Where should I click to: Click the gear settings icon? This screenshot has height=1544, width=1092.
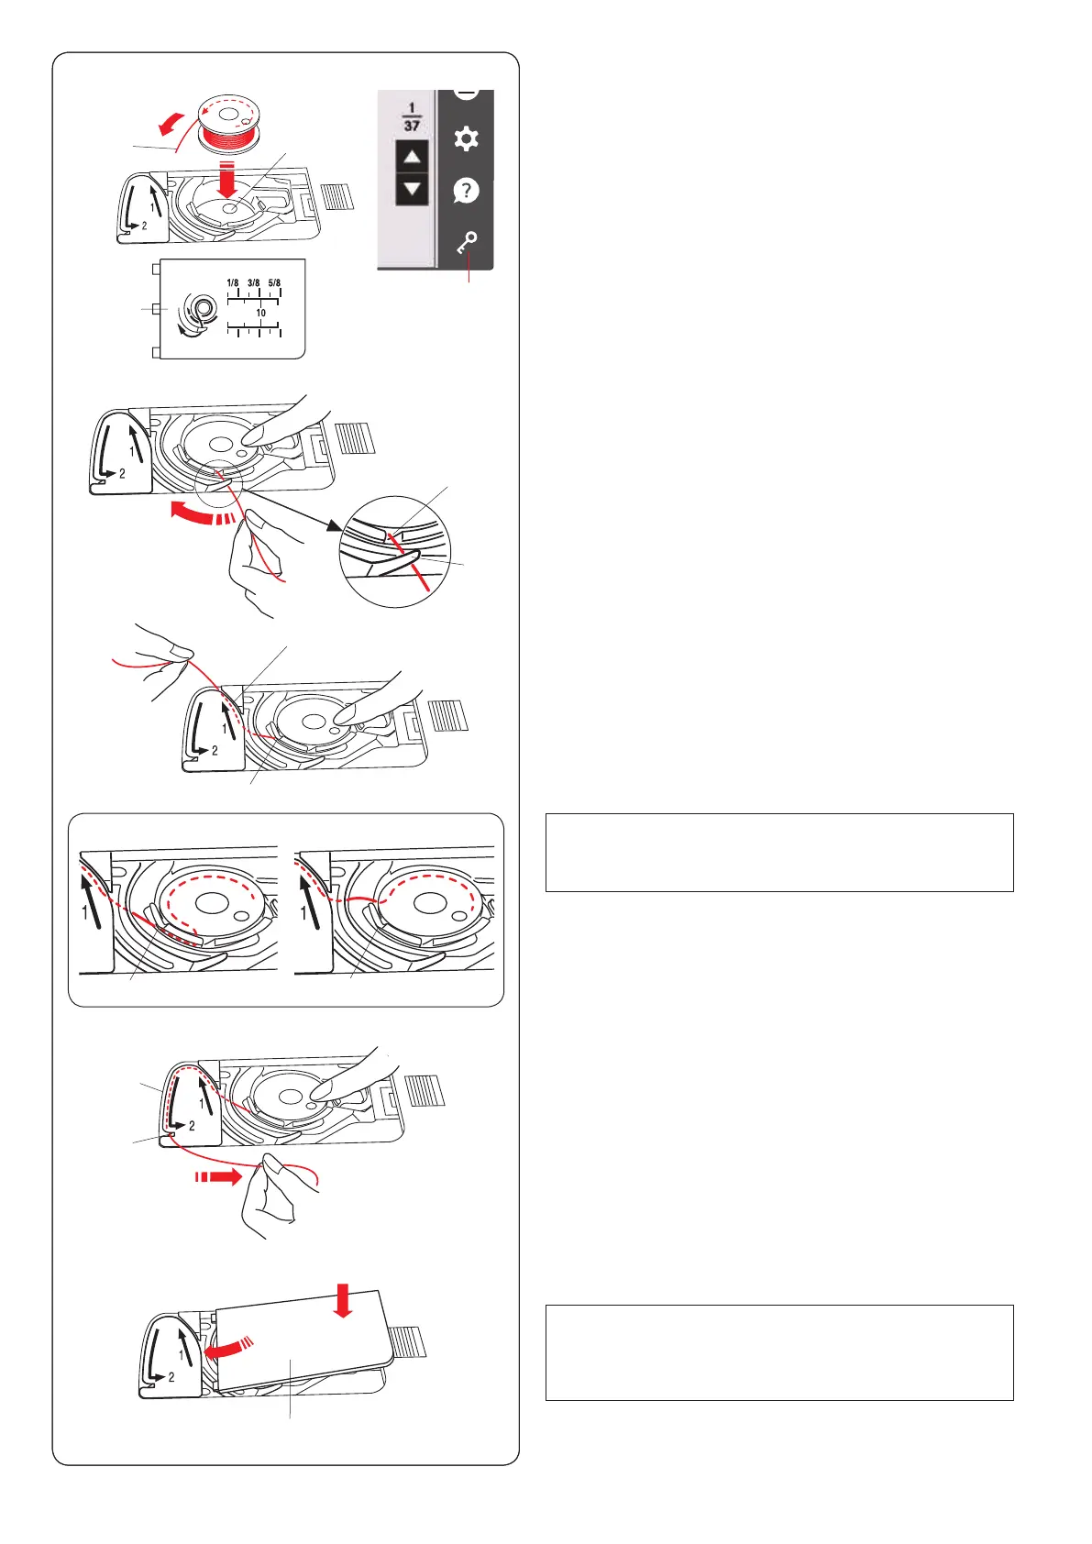click(466, 138)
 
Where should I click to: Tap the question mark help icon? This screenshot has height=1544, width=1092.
click(466, 190)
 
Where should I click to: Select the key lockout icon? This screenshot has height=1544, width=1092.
click(467, 243)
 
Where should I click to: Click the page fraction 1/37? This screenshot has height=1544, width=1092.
click(412, 116)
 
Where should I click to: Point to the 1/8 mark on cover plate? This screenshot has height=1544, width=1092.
click(233, 282)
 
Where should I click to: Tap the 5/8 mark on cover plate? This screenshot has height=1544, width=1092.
click(274, 282)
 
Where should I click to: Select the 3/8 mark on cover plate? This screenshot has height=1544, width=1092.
click(254, 282)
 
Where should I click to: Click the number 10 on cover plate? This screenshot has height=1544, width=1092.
click(260, 313)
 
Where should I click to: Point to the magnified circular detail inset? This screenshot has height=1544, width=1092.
click(394, 551)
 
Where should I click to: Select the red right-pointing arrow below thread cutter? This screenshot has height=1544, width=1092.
click(218, 1176)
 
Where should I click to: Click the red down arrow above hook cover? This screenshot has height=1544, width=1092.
click(343, 1300)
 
